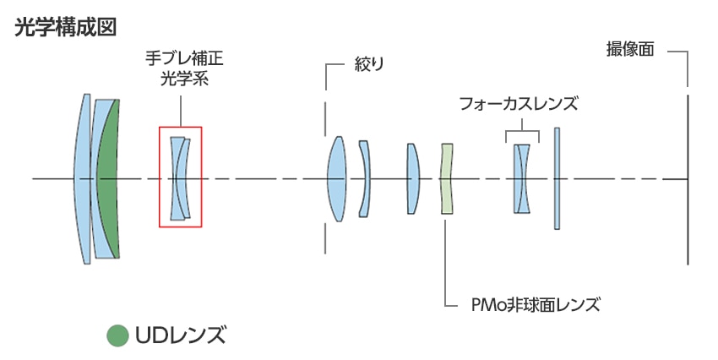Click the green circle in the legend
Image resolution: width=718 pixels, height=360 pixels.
[x=117, y=335]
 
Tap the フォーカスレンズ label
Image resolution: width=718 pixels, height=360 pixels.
[x=518, y=104]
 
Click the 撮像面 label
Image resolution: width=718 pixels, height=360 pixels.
[x=630, y=49]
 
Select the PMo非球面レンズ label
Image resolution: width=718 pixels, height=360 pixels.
[x=533, y=303]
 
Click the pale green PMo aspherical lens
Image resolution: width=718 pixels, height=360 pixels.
[x=447, y=179]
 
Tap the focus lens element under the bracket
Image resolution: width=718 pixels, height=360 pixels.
[x=522, y=179]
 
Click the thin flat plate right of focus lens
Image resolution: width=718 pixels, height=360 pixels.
[x=557, y=179]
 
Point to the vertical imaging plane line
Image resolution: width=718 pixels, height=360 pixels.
[x=687, y=179]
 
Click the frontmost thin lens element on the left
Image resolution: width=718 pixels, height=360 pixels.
[x=84, y=179]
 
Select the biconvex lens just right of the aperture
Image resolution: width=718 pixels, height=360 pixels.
[x=337, y=179]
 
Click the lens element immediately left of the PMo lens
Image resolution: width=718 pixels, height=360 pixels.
[x=413, y=179]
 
